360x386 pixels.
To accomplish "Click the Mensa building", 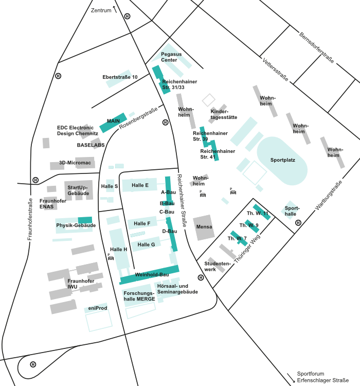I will [204, 227].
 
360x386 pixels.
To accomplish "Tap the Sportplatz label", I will [283, 160].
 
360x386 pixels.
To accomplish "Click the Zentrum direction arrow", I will [115, 8].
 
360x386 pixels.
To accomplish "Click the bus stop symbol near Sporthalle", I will [298, 223].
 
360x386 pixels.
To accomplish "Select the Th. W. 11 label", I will [257, 213].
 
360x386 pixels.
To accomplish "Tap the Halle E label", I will [140, 185].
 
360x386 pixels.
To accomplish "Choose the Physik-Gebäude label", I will [76, 225].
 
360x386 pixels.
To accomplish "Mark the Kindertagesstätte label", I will [224, 114].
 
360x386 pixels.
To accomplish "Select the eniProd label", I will [97, 307].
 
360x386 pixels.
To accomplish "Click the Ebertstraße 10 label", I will [120, 77].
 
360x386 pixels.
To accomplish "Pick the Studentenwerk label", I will [217, 266].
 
